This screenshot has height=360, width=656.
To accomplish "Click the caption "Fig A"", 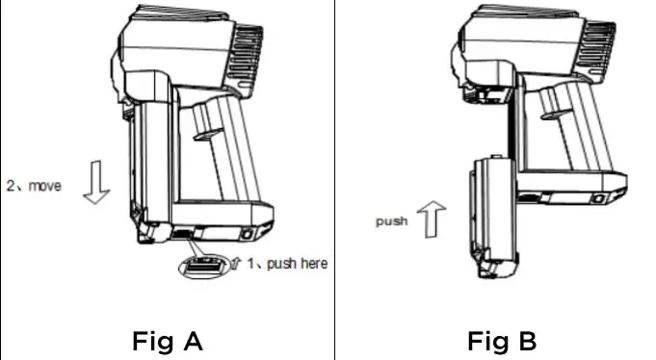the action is click(166, 340).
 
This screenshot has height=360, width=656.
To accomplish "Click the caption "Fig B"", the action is click(502, 340).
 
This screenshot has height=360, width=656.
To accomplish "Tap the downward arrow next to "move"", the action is click(96, 184).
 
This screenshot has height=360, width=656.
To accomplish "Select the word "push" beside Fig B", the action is click(391, 221).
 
